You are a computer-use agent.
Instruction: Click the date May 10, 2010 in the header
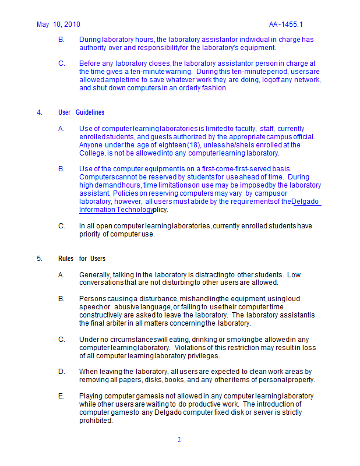58,24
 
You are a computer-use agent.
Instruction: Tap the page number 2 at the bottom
179,440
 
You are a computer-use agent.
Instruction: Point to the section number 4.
39,112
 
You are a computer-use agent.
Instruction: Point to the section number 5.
39,259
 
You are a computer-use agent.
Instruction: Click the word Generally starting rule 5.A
95,275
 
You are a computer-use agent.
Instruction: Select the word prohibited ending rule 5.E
96,421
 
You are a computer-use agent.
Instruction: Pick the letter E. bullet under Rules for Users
61,396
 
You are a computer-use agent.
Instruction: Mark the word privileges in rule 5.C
203,356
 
